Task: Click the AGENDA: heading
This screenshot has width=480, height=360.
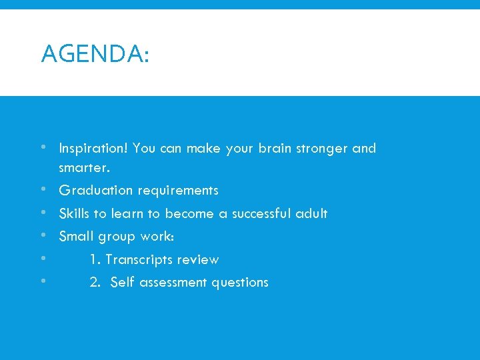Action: pyautogui.click(x=95, y=53)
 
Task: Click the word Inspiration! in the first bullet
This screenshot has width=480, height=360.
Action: pyautogui.click(x=93, y=148)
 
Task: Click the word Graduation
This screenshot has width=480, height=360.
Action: pyautogui.click(x=96, y=191)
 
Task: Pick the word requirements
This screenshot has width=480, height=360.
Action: pyautogui.click(x=178, y=191)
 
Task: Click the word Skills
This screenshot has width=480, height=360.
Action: pyautogui.click(x=74, y=214)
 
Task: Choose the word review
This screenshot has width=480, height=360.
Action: pyautogui.click(x=199, y=260)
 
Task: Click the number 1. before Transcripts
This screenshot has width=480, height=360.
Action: pyautogui.click(x=95, y=260)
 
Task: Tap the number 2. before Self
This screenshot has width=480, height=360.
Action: pyautogui.click(x=96, y=283)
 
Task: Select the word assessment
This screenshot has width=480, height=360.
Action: pyautogui.click(x=171, y=283)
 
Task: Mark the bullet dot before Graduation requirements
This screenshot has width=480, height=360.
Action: pyautogui.click(x=43, y=189)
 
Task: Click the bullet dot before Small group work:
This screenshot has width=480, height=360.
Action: pyautogui.click(x=43, y=235)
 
